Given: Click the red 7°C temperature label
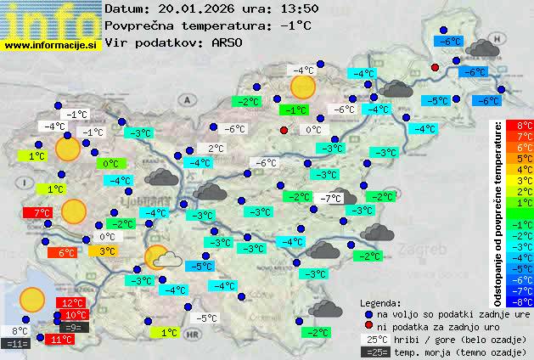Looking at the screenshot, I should click(x=41, y=212).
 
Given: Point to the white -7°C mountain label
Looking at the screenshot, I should click(x=330, y=199).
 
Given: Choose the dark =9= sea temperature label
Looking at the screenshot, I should click(x=72, y=327).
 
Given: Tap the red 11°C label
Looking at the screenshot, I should click(x=60, y=340).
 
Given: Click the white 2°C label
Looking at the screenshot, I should click(x=215, y=149).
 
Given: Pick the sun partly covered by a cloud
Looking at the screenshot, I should click(x=161, y=258).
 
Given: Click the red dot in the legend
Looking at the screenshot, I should click(x=368, y=326).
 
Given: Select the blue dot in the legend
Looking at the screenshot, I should click(x=368, y=313).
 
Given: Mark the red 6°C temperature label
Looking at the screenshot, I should click(x=66, y=252).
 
